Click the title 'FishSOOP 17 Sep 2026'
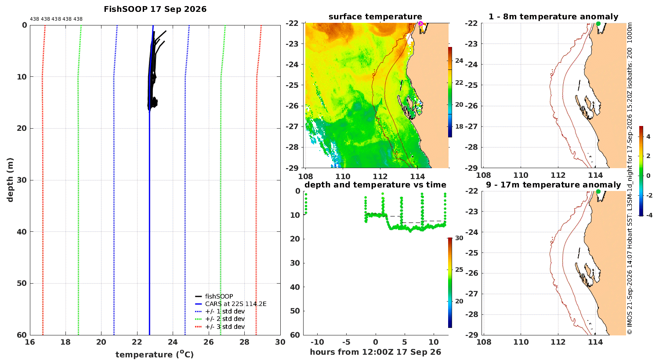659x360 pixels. click(x=155, y=9)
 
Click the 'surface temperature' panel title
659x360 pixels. click(x=375, y=17)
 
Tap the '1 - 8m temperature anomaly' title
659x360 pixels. click(x=554, y=17)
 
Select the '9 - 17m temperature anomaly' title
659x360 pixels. click(x=554, y=185)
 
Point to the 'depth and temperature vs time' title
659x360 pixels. click(x=375, y=185)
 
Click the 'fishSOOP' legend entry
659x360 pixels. click(x=219, y=296)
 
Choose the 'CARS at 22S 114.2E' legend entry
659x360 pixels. click(x=235, y=304)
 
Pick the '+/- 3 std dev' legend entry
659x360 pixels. click(x=225, y=327)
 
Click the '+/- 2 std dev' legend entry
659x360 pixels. click(x=225, y=319)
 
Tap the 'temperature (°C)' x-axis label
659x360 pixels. click(x=155, y=354)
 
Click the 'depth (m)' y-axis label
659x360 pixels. click(x=10, y=180)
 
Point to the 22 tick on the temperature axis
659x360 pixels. click(x=137, y=342)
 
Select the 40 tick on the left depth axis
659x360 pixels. click(x=22, y=232)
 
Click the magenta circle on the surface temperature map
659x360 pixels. click(x=420, y=24)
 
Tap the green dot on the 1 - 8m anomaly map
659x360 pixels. click(x=598, y=24)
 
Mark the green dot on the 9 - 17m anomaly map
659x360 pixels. click(x=598, y=191)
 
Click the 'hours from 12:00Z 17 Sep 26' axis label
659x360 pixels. click(x=376, y=352)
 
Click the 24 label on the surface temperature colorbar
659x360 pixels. click(x=459, y=61)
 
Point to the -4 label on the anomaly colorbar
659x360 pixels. click(x=649, y=216)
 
